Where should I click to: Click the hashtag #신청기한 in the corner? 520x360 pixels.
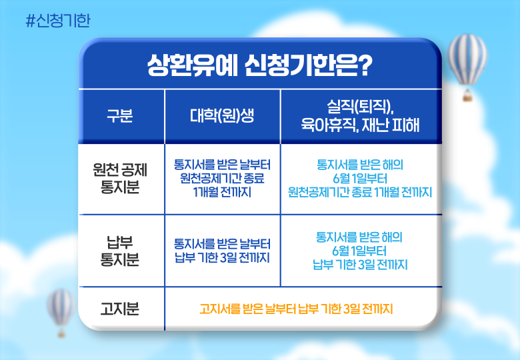[x=58, y=21]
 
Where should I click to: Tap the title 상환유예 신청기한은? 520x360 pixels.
[x=260, y=65]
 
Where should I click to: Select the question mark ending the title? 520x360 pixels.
[x=366, y=65]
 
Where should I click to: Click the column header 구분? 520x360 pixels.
[x=120, y=116]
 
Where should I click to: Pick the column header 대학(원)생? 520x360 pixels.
[x=222, y=116]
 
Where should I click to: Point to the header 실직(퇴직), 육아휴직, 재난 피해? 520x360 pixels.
[x=360, y=116]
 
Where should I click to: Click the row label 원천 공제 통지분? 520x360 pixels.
[x=120, y=179]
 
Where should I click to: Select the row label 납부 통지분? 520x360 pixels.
[x=120, y=251]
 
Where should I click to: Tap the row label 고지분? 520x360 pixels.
[x=120, y=309]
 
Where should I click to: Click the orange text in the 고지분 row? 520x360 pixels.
[x=296, y=309]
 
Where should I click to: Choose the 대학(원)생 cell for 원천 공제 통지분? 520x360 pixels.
[x=222, y=179]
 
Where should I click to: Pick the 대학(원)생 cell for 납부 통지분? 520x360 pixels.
[x=222, y=251]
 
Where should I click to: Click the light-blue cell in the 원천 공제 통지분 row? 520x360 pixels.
[x=360, y=179]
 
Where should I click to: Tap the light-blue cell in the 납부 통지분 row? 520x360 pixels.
[x=360, y=251]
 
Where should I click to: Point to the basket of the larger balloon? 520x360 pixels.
[x=467, y=95]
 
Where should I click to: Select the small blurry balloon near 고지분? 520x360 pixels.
[x=61, y=312]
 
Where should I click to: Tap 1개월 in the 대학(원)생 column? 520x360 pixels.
[x=205, y=192]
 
